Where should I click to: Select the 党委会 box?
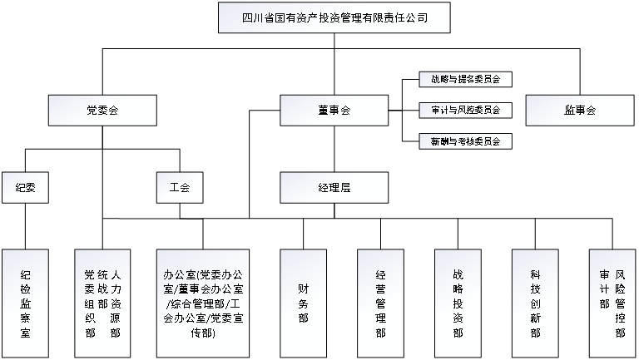point(102,110)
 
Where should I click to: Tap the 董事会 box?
point(334,110)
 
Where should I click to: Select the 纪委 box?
point(25,187)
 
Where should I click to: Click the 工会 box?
point(180,187)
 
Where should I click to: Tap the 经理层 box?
point(334,187)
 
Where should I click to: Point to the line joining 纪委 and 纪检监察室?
point(25,225)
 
